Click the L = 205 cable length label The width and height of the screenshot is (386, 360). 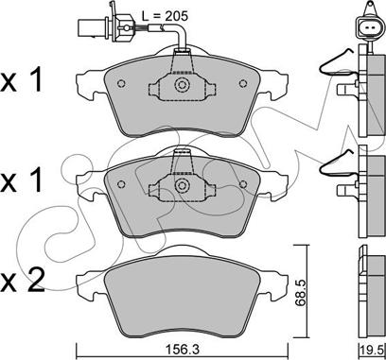click(164, 16)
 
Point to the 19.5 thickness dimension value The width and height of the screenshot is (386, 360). click(374, 349)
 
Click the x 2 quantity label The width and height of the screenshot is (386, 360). click(22, 281)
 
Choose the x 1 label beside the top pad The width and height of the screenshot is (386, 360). click(21, 80)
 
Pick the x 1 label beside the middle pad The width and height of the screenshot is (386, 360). click(21, 180)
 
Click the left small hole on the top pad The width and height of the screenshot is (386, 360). click(121, 83)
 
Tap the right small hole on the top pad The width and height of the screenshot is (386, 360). click(243, 83)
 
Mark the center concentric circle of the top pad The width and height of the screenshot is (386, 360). click(182, 84)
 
